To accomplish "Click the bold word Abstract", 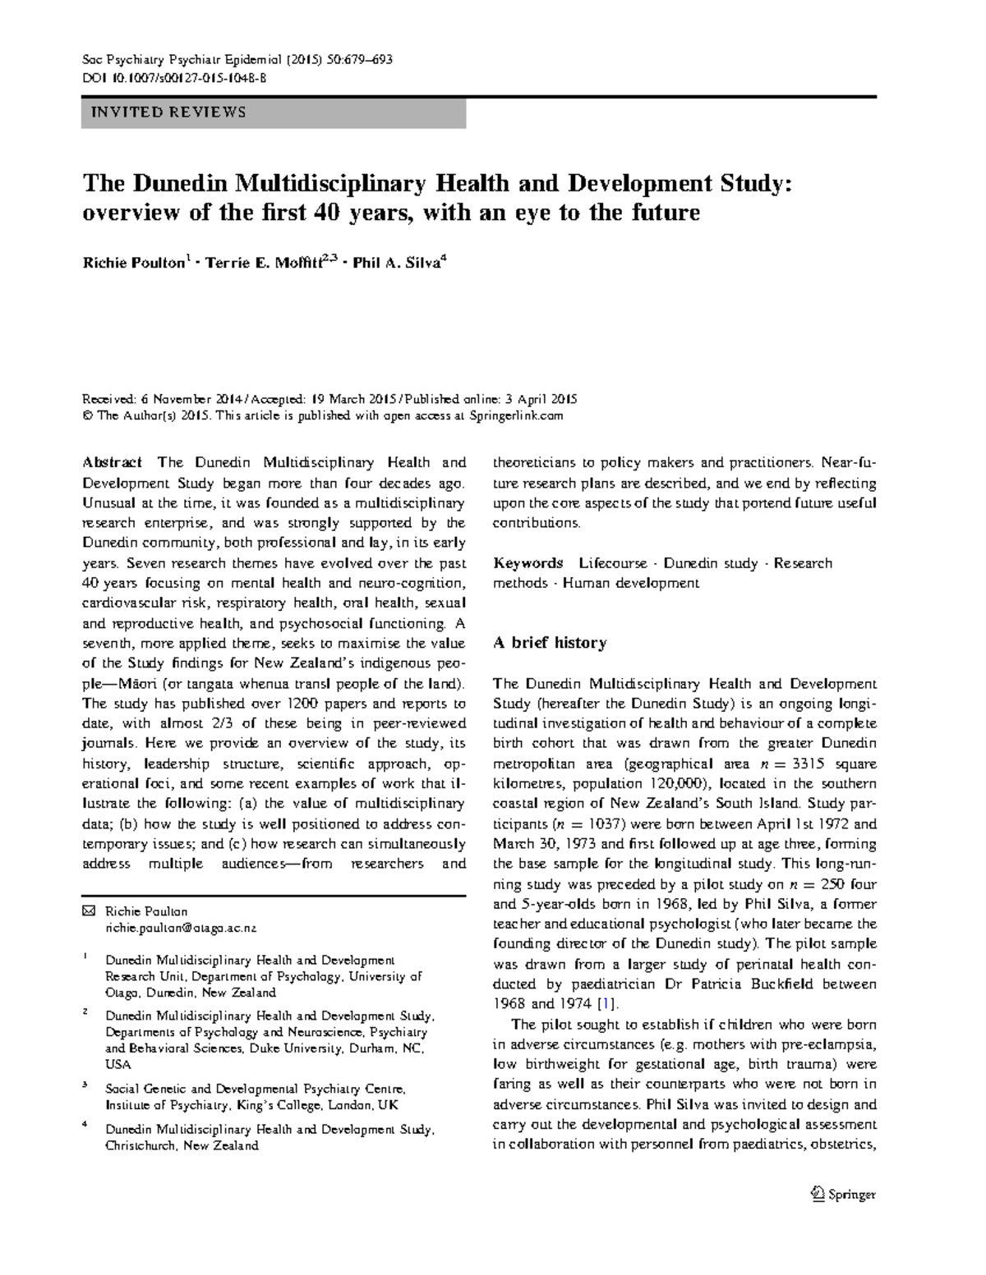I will click(113, 462).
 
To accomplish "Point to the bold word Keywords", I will click(528, 563).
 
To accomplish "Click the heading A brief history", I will click(549, 643).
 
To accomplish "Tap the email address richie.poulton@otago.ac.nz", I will click(181, 928).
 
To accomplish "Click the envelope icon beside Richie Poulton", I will click(89, 911).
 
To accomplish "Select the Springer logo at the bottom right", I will click(843, 1195).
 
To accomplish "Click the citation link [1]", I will click(606, 1003).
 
